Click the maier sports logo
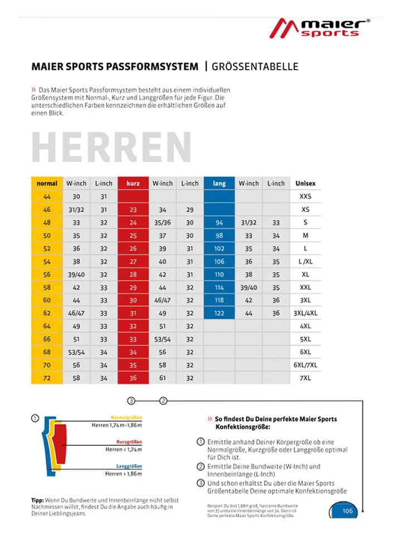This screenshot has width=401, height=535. click(x=320, y=28)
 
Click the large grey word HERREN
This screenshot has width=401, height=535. click(x=111, y=147)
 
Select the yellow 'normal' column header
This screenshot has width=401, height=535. click(x=47, y=183)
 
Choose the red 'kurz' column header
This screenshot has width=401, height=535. click(x=133, y=183)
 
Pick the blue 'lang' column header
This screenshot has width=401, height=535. click(x=219, y=183)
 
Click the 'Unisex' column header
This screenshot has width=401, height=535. click(x=305, y=183)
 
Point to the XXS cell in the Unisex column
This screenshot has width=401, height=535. click(x=305, y=197)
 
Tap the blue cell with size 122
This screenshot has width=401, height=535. click(x=219, y=314)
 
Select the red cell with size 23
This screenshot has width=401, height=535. click(x=133, y=210)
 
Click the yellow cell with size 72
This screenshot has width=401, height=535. click(x=47, y=378)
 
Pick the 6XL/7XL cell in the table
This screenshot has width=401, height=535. click(x=305, y=366)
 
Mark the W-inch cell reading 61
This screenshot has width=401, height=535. click(x=163, y=378)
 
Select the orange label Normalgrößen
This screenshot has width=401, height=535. click(x=126, y=417)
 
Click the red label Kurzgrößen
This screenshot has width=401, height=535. click(x=129, y=442)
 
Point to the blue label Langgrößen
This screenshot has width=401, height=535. click(x=129, y=466)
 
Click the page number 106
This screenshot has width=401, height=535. click(x=348, y=511)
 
